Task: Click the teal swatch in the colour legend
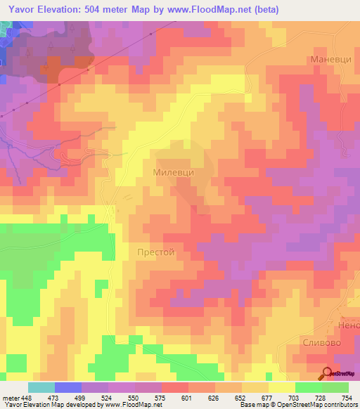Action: click(41, 387)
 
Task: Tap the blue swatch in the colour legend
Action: click(68, 387)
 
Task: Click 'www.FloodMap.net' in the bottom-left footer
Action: click(132, 405)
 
